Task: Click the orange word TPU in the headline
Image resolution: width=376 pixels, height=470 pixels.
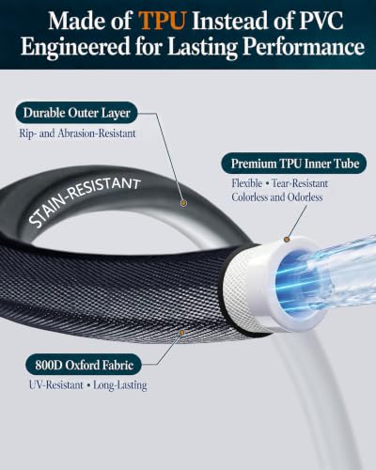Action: coord(162,21)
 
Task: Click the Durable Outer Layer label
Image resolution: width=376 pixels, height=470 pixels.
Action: coord(76,113)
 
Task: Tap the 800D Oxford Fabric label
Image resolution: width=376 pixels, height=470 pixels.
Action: coord(84,365)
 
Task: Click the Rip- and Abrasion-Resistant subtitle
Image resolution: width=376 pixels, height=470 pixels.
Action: coord(77,133)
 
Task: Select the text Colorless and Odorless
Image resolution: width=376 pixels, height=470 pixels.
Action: coord(277,197)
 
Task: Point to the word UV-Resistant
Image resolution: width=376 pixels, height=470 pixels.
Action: coord(56,384)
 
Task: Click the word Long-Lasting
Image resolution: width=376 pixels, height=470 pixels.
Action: coord(120,385)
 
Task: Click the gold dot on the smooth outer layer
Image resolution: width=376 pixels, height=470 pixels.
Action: coord(184,203)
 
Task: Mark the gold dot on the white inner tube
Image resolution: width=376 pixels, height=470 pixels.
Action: coord(287,240)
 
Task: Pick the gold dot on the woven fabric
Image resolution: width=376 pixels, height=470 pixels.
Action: coord(181,332)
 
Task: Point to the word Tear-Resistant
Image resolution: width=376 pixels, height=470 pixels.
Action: coord(300,183)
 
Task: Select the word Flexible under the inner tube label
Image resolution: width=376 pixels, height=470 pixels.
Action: coord(247,183)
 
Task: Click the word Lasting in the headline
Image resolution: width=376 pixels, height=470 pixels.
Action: coord(203,47)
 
